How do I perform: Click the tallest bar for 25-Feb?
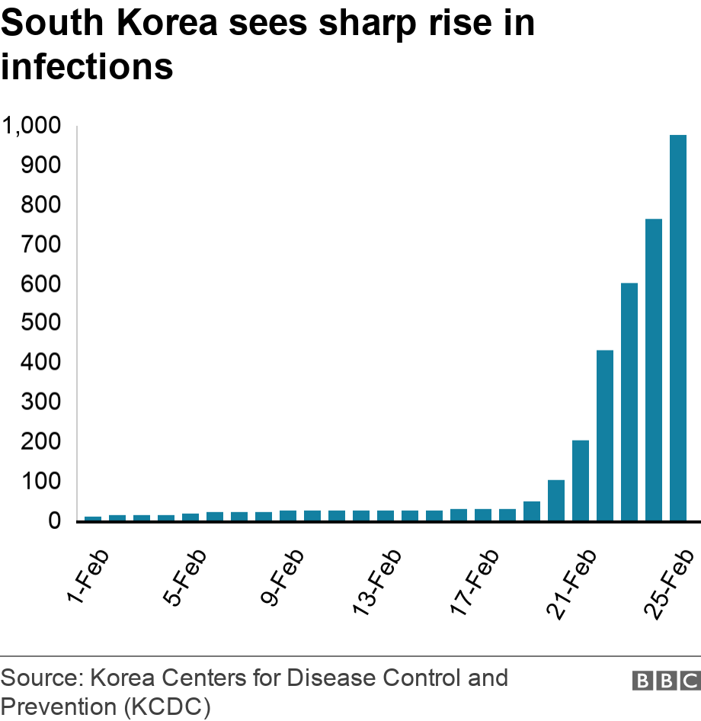[678, 328]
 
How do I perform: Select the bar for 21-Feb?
[581, 481]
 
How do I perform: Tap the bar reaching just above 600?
[629, 402]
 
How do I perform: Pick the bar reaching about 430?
[605, 436]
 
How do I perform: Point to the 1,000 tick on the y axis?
[31, 126]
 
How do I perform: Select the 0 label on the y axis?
[54, 521]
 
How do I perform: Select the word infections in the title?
[87, 66]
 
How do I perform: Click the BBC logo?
[664, 681]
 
